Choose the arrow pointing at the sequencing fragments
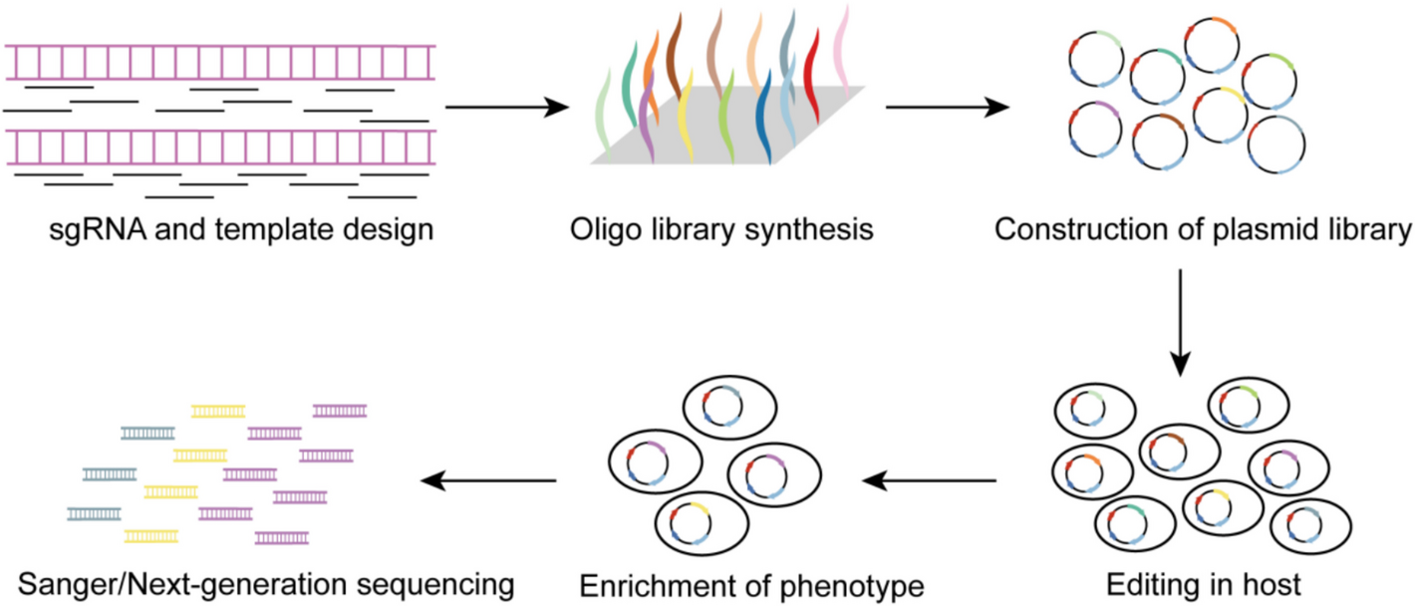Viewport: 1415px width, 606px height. (488, 482)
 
